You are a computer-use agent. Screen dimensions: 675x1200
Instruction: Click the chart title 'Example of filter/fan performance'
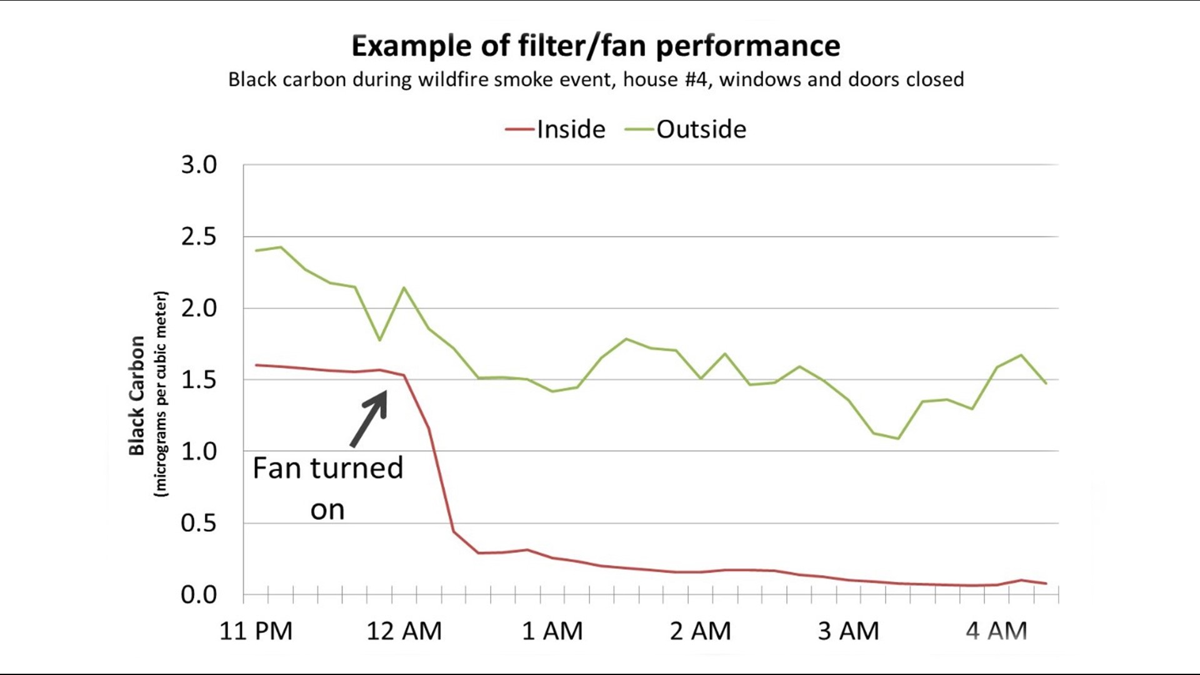[596, 46]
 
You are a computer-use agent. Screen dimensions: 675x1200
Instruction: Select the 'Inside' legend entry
[571, 129]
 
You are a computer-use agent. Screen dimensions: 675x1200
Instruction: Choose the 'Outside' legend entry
[701, 129]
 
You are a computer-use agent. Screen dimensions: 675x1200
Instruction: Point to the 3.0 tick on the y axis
[199, 165]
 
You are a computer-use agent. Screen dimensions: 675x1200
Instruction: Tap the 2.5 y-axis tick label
[199, 237]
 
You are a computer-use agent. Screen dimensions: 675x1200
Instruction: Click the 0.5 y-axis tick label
[199, 523]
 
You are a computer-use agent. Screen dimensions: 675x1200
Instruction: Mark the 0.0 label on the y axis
[199, 594]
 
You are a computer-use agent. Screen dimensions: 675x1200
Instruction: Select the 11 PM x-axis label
[256, 631]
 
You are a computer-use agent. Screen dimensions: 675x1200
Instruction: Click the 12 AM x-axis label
[404, 631]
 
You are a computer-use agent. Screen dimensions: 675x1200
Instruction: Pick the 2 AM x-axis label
[700, 631]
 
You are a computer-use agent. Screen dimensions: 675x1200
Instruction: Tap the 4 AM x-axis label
[996, 631]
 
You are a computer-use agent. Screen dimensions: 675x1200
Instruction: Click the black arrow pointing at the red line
[369, 417]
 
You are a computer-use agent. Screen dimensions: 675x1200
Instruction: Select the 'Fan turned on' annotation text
[327, 488]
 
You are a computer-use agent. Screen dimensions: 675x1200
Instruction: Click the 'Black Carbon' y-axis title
[137, 396]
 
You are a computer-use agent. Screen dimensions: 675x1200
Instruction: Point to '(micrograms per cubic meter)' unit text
[161, 394]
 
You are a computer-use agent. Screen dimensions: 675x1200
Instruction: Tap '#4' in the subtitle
[697, 80]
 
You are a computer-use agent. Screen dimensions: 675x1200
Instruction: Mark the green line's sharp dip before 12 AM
[379, 340]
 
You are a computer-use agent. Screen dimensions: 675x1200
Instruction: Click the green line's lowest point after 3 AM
[898, 439]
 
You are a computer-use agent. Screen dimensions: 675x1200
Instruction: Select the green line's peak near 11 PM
[280, 247]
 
